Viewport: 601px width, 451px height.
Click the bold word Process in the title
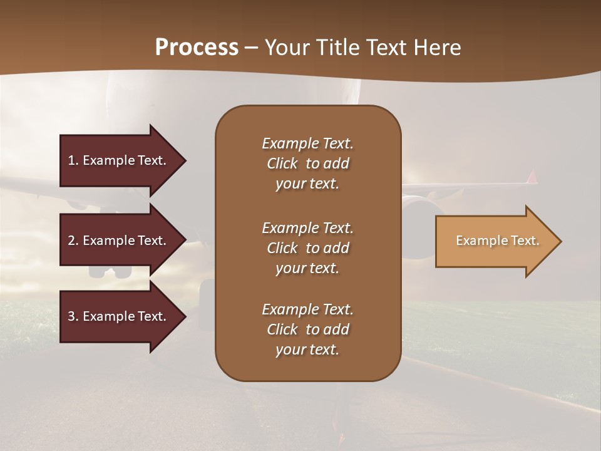coord(197,48)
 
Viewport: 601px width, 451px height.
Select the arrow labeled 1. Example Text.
coord(119,160)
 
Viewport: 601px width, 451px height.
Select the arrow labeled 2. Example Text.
coord(119,241)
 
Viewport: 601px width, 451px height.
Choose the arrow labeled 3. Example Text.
coord(119,316)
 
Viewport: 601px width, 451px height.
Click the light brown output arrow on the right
coord(495,241)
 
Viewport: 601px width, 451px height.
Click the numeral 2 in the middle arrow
coord(71,241)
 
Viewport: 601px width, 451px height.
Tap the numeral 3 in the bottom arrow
coord(71,316)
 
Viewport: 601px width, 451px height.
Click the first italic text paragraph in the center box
coord(307,163)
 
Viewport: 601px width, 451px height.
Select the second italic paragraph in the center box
coord(307,248)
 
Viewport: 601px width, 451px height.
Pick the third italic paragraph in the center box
coord(307,329)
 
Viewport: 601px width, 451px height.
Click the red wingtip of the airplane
coord(532,177)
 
